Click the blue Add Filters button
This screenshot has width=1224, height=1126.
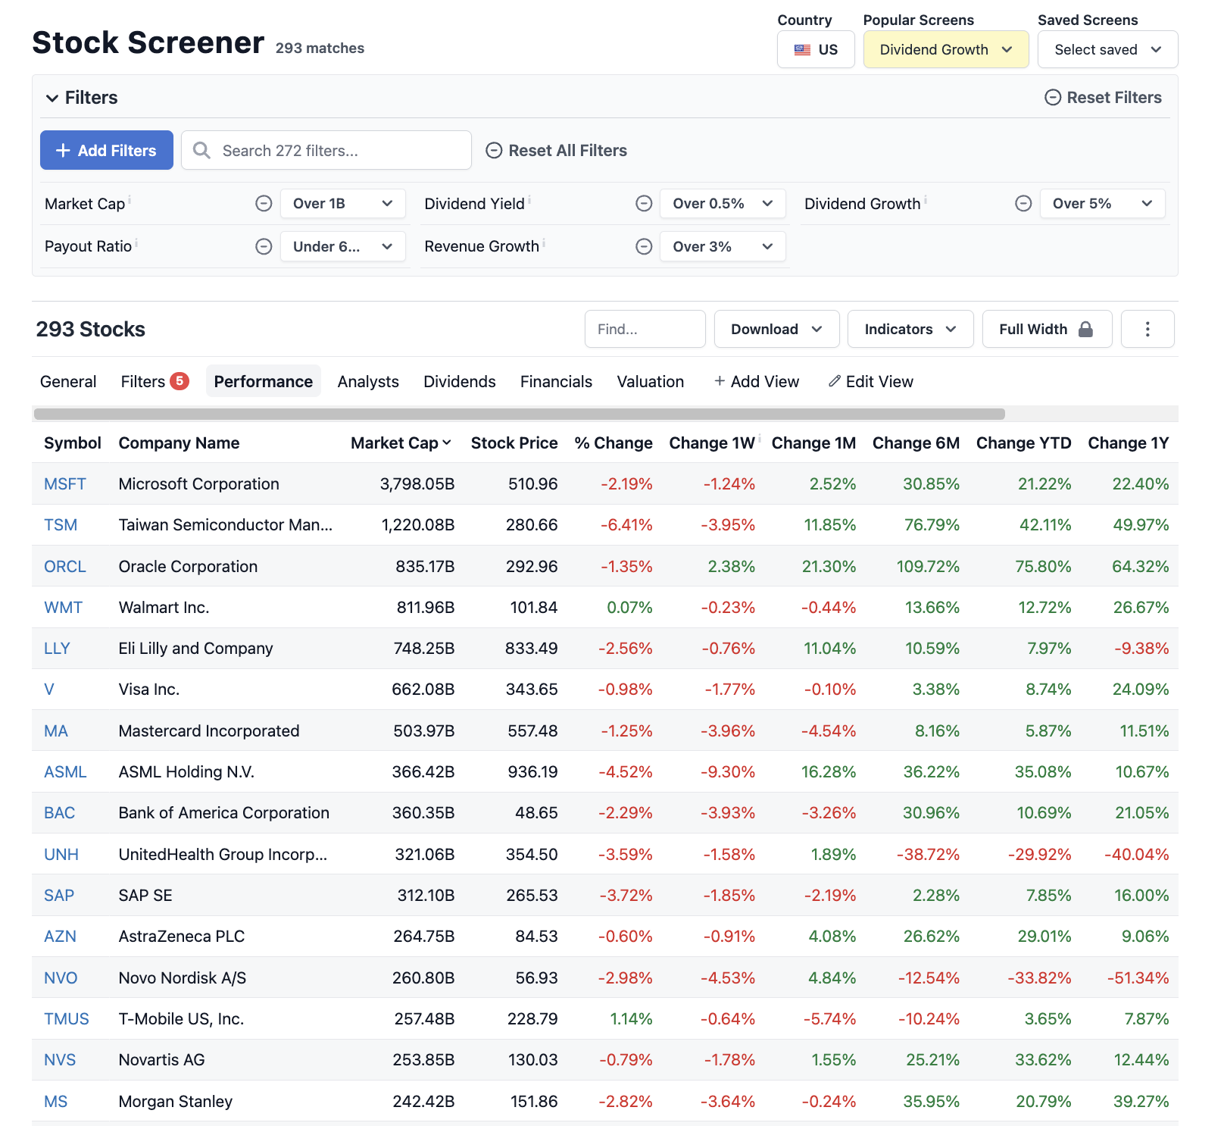coord(106,150)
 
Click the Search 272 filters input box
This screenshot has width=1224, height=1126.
coord(326,150)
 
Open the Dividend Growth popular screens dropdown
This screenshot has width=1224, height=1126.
coord(945,49)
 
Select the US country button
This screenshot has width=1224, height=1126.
coord(816,49)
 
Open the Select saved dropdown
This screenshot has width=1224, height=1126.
coord(1107,49)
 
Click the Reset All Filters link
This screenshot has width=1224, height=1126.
coord(557,150)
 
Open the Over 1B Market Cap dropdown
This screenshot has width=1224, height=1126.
coord(342,203)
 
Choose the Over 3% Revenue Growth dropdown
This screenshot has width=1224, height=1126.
coord(722,246)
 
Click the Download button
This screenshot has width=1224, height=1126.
coord(776,329)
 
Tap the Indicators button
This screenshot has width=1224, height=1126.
coord(910,329)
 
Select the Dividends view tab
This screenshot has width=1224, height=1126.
coord(459,381)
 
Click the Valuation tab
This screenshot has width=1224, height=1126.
coord(650,381)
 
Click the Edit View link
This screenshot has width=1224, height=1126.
coord(871,381)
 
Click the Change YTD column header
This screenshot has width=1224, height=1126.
coord(1023,443)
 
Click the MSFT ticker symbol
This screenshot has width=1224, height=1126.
coord(65,483)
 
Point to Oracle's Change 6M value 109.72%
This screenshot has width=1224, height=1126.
coord(927,566)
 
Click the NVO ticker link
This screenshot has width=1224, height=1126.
coord(61,977)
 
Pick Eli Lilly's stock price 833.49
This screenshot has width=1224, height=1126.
coord(531,648)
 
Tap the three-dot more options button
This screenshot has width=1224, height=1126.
coord(1147,329)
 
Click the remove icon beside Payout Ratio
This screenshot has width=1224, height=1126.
coord(264,246)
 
